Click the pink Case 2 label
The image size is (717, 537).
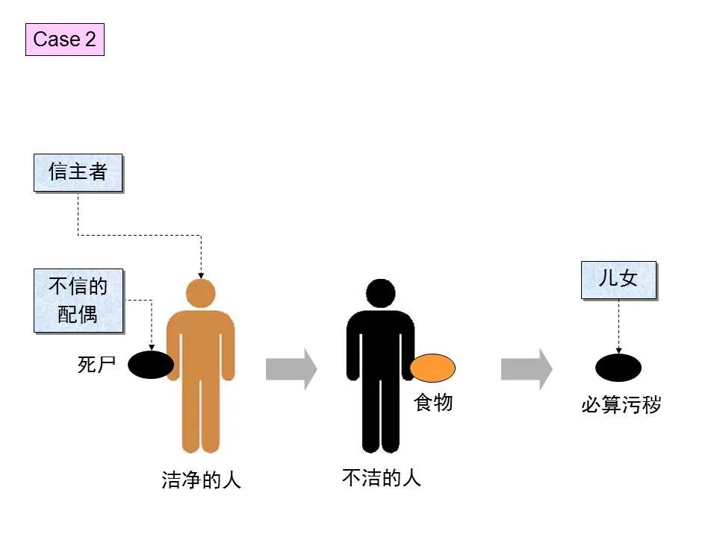(x=65, y=40)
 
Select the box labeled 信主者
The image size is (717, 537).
(x=78, y=172)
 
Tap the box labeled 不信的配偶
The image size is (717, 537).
(x=78, y=300)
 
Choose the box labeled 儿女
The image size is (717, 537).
(x=618, y=280)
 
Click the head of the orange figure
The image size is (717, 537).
(x=200, y=292)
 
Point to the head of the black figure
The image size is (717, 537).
(x=380, y=292)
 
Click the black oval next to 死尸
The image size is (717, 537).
(x=150, y=365)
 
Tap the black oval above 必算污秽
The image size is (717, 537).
(x=618, y=368)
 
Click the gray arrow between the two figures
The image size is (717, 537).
(x=291, y=369)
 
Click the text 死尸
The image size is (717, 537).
(x=97, y=365)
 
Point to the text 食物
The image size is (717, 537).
(x=433, y=403)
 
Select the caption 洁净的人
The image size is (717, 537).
(x=202, y=480)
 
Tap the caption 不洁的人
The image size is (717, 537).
(x=382, y=477)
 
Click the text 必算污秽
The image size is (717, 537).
(x=621, y=406)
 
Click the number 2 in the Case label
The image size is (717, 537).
(x=90, y=40)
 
